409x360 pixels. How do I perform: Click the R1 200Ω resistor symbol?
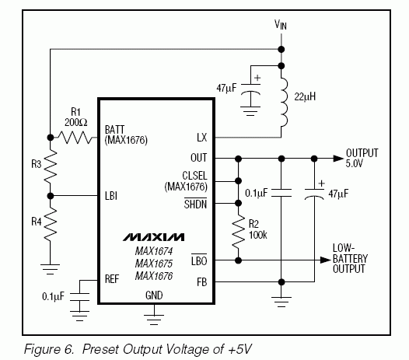click(75, 138)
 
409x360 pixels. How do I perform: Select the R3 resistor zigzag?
click(51, 166)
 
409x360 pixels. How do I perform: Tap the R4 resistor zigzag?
click(51, 224)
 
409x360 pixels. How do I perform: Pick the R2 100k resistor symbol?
click(238, 232)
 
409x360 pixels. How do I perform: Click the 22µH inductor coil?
click(284, 102)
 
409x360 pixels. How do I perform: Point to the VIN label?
click(281, 25)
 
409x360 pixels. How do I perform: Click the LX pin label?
click(202, 138)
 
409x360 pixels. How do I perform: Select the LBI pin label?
click(111, 196)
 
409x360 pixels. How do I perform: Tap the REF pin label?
click(112, 279)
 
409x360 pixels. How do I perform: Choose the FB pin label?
click(202, 282)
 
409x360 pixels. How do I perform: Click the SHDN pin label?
click(195, 204)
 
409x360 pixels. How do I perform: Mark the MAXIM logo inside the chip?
click(154, 237)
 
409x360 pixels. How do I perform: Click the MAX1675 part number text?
click(154, 264)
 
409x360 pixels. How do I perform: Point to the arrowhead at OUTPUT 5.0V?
click(338, 159)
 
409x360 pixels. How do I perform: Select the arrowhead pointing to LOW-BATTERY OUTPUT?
click(325, 260)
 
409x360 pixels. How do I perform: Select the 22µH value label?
click(305, 96)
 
